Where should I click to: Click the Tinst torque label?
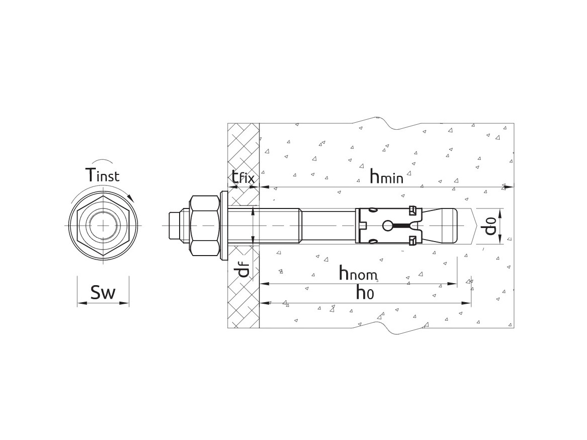click(102, 175)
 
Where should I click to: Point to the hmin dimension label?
click(386, 176)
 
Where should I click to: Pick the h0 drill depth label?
click(365, 293)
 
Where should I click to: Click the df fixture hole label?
click(243, 271)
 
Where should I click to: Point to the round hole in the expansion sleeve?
click(388, 227)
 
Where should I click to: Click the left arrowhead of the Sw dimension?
click(79, 303)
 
